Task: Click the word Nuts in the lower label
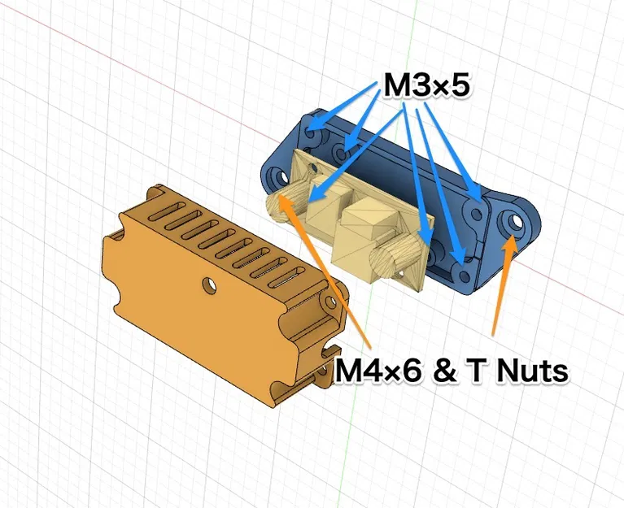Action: coord(530,371)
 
